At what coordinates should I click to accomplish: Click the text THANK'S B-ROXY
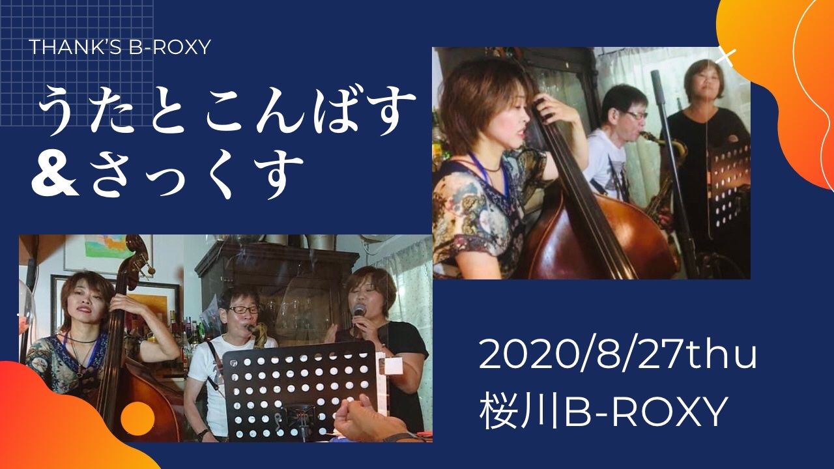tap(119, 48)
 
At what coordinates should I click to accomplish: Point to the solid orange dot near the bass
tap(137, 418)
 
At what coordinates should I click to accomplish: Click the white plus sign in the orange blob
tap(726, 59)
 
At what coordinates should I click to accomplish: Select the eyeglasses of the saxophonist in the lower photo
tap(243, 309)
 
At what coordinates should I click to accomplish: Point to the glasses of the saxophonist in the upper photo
tap(635, 114)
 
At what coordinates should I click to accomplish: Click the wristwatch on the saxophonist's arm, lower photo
tap(203, 434)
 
